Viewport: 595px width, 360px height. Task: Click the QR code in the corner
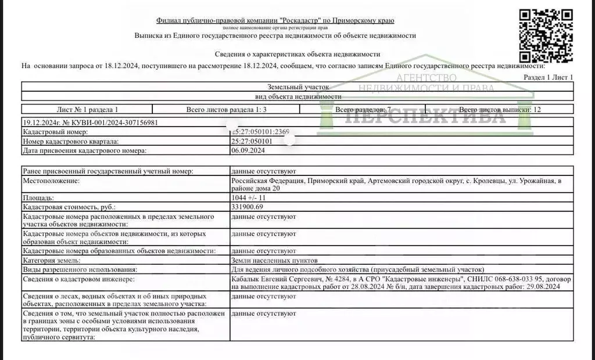tap(546, 36)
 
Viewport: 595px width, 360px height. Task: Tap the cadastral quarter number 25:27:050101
tap(252, 141)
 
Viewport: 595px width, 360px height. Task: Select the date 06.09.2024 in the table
tap(248, 150)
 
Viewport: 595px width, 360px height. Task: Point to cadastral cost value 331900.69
tap(247, 207)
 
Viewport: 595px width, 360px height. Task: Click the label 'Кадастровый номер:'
tap(55, 132)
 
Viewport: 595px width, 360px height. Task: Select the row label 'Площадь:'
tap(39, 198)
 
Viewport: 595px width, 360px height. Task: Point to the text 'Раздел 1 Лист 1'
tap(548, 77)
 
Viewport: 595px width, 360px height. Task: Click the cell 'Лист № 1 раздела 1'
tap(87, 109)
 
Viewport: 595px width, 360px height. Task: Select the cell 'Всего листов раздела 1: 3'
tap(226, 109)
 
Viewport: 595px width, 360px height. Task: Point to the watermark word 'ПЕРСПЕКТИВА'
tap(424, 117)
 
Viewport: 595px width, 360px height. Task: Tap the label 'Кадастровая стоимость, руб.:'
tap(69, 207)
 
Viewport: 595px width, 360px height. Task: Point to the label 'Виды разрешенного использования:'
tap(80, 269)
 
